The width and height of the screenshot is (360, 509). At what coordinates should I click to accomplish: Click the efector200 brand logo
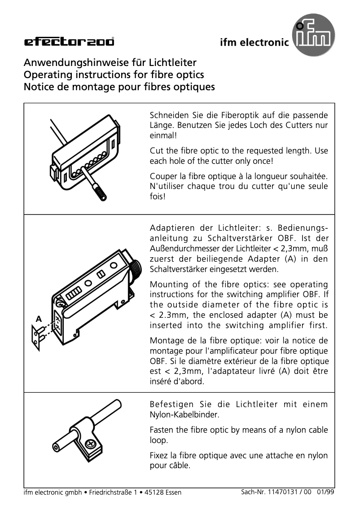coord(69,42)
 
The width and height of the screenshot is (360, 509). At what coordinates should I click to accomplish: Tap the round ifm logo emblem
coord(314,39)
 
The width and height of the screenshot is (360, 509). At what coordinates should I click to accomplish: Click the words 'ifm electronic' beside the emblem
coord(254,43)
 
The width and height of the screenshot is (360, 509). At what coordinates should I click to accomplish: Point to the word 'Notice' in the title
coord(38,86)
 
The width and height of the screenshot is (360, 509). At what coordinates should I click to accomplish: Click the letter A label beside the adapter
coord(39,320)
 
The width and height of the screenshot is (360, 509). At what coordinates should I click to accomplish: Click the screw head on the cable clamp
coord(91,443)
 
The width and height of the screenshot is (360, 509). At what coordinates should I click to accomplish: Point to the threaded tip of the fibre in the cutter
coord(101,195)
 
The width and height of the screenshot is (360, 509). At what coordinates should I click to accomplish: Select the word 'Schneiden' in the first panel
coord(168,115)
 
